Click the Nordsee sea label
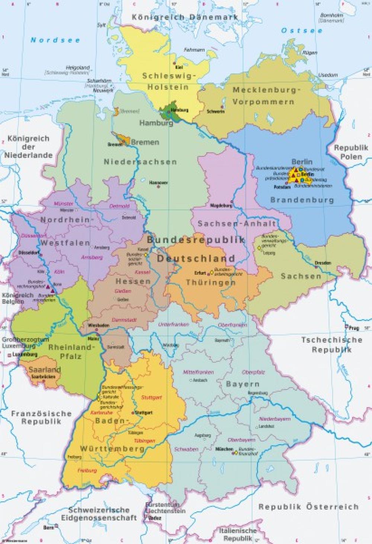[55, 40]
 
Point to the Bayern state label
[242, 384]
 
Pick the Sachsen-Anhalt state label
[237, 224]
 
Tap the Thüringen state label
[211, 282]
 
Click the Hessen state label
[133, 281]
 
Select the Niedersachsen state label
[140, 162]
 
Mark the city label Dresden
[323, 263]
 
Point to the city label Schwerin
[215, 111]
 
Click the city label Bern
[48, 528]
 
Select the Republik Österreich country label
[308, 507]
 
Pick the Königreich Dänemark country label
[185, 17]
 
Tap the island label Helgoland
[78, 68]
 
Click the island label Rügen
[310, 53]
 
